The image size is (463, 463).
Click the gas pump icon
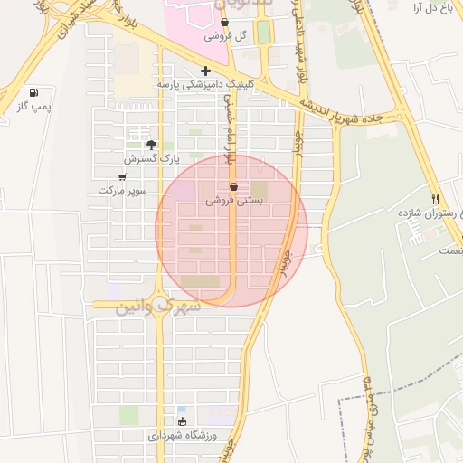coord(34,92)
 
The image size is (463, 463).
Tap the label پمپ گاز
coord(34,107)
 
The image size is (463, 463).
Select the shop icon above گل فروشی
coord(224,23)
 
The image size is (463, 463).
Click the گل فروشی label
coord(225,36)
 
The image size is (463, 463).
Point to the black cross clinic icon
coord(206,71)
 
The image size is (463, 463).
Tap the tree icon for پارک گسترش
coord(151,145)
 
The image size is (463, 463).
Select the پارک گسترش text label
coord(146,159)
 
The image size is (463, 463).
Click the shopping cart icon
coord(122,177)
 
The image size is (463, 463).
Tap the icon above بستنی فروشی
coord(234,187)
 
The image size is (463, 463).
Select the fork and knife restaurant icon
coord(435,198)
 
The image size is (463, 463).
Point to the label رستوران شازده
coord(426,212)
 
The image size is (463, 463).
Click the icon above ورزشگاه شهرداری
coord(183,421)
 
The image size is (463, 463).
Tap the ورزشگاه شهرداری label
coord(183,436)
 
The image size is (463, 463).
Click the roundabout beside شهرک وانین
coord(161,303)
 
